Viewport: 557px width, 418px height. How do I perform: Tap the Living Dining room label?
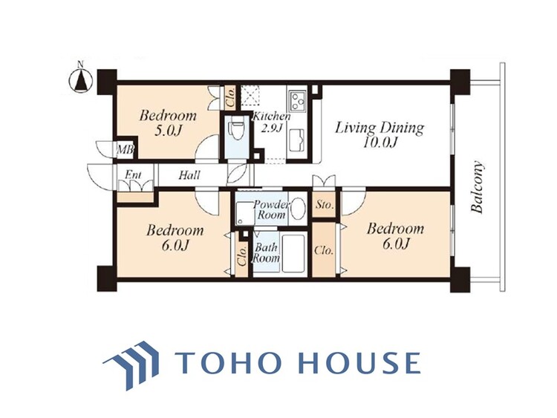pos(380,134)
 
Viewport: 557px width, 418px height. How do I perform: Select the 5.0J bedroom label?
pos(167,123)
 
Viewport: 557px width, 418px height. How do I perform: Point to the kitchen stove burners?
pos(298,99)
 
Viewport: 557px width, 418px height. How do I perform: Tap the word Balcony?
pos(477,187)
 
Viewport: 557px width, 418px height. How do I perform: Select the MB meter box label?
pos(125,149)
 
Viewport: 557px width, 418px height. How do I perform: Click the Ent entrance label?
pos(133,174)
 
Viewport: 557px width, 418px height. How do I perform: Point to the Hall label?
pos(189,174)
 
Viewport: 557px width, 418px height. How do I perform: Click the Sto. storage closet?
pos(325,205)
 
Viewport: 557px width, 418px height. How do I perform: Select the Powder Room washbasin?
pos(298,209)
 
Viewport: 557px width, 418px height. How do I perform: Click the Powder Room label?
pos(272,209)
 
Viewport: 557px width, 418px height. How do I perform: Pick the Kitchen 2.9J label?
pos(271,123)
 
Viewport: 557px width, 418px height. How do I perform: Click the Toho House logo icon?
pos(131,365)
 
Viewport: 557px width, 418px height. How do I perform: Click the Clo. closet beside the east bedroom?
pos(324,249)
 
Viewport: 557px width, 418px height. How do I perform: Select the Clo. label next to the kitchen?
pos(229,98)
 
